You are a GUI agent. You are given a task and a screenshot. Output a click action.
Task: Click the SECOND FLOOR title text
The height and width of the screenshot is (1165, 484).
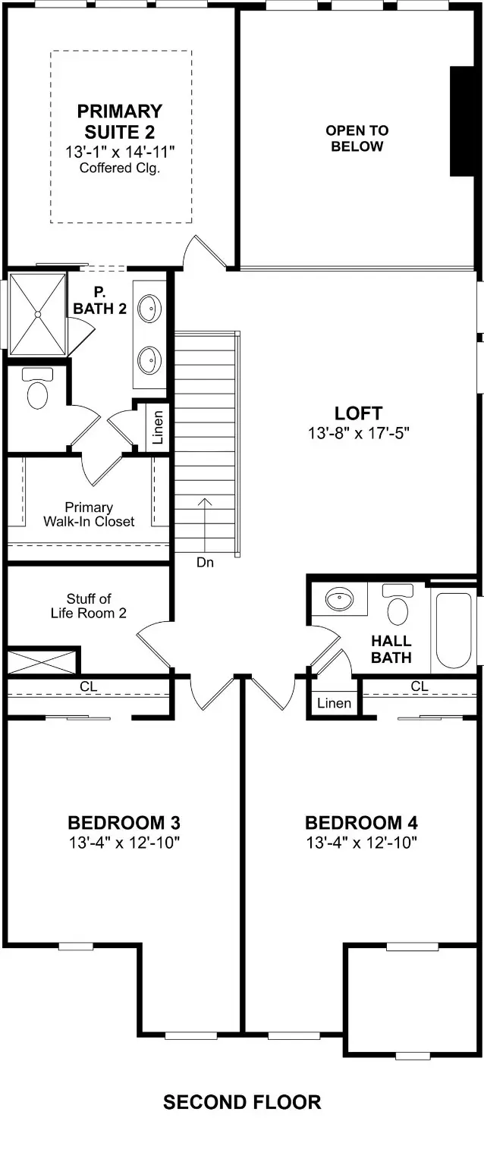tap(242, 1102)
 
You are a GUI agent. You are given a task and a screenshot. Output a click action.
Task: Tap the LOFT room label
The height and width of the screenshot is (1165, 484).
tap(358, 413)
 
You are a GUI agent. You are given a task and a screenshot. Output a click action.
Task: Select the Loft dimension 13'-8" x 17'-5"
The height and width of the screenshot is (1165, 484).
tap(358, 435)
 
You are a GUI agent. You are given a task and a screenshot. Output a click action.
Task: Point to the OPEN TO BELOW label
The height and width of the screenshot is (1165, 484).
tap(357, 138)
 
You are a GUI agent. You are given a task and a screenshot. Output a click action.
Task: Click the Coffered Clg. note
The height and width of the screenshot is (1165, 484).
tap(119, 168)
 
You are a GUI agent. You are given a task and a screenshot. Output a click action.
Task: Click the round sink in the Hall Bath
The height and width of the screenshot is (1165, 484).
tap(339, 600)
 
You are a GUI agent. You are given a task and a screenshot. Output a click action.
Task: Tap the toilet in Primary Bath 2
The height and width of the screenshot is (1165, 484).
tap(37, 388)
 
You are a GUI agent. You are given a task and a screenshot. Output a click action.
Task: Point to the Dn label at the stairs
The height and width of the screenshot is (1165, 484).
tap(205, 563)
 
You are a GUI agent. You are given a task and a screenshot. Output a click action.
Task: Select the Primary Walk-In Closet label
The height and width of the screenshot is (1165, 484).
tap(89, 514)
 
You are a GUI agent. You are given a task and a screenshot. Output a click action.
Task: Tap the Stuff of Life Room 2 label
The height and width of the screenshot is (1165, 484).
tap(89, 605)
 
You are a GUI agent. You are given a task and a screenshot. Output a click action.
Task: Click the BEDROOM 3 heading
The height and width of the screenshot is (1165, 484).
tap(123, 823)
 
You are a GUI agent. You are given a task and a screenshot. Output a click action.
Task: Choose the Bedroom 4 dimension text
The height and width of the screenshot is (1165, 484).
tap(361, 843)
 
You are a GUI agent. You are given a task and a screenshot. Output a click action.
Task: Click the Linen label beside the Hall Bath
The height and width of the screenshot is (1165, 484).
tap(334, 703)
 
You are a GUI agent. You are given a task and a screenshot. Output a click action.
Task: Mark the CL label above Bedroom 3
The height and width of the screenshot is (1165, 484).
tap(89, 686)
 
